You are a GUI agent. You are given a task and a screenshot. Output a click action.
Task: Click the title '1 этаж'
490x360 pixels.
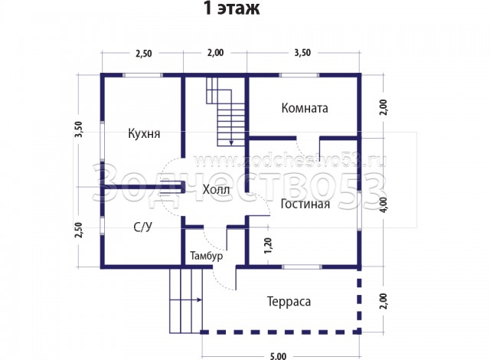tap(231, 8)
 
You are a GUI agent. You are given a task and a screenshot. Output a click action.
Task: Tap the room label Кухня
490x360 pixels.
tap(144, 134)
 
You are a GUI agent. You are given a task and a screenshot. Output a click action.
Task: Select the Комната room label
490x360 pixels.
tap(305, 108)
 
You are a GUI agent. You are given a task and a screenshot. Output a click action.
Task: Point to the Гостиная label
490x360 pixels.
tap(305, 204)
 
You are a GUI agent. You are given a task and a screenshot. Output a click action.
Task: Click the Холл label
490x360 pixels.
tap(216, 189)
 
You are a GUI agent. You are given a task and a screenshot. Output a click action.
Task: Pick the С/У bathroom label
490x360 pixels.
tap(143, 227)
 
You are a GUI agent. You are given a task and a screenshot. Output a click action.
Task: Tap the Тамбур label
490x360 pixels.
tap(207, 256)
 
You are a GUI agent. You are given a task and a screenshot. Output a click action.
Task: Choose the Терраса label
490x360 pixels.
tap(289, 302)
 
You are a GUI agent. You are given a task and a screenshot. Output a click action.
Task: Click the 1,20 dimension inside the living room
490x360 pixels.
tap(268, 246)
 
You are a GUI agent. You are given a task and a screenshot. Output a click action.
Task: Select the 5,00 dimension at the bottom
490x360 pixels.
tap(278, 356)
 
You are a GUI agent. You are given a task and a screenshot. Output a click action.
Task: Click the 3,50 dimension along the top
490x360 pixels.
tap(302, 53)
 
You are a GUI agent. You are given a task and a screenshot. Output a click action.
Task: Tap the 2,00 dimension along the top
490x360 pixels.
tap(216, 53)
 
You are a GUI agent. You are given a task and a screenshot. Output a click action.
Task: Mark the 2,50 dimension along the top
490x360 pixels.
tap(144, 53)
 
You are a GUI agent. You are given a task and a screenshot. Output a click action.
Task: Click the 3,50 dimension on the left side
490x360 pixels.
tap(78, 129)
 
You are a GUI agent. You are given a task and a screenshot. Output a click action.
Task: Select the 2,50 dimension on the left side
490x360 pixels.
tap(78, 230)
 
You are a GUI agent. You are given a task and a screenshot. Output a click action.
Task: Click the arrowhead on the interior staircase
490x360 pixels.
tap(231, 142)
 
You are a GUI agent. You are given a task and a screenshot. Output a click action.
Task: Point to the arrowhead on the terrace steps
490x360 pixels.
tap(199, 300)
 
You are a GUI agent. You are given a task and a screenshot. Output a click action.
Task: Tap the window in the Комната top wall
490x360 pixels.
tap(299, 75)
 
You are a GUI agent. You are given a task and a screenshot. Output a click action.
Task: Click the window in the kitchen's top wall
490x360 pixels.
tap(142, 75)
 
